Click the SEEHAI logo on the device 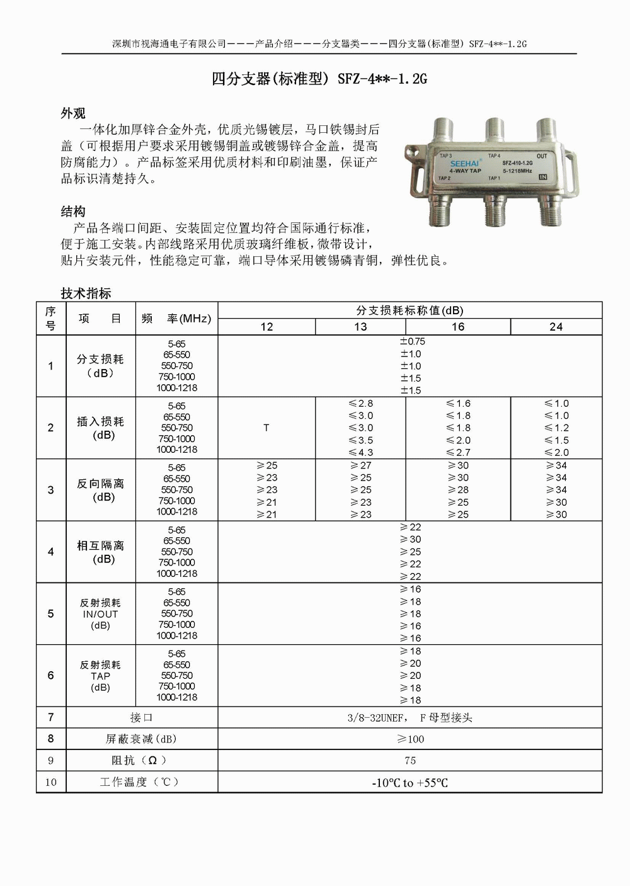click(465, 164)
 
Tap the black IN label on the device click(542, 177)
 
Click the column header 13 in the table click(360, 327)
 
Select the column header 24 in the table click(556, 327)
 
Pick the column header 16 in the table click(458, 327)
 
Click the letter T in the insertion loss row click(266, 428)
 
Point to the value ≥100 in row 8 click(410, 739)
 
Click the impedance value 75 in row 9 click(410, 761)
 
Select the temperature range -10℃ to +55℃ click(410, 783)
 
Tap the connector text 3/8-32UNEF click(376, 718)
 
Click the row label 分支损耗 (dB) click(100, 366)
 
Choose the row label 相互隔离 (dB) click(100, 552)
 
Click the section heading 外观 click(73, 113)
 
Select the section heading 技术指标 click(86, 293)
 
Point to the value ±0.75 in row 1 click(413, 341)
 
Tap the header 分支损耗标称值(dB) click(409, 310)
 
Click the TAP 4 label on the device click(494, 156)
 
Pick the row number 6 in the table click(51, 675)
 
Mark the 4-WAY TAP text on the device click(465, 171)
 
